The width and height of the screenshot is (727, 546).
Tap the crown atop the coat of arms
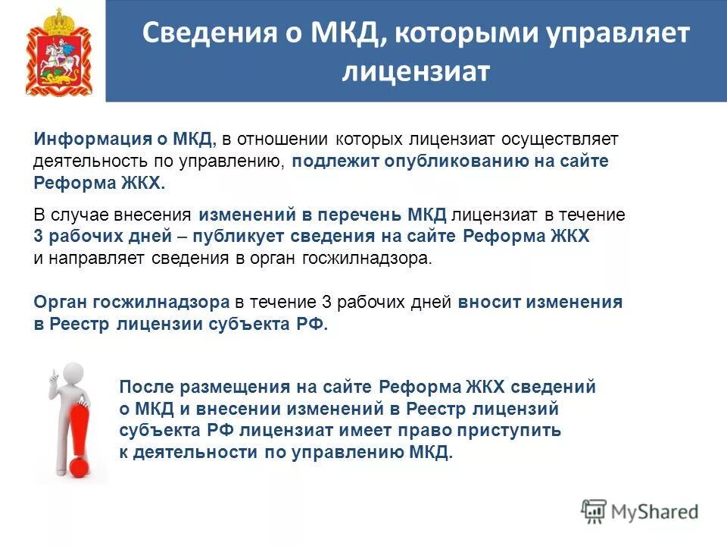pos(59,17)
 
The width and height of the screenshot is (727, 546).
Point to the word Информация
pos(83,140)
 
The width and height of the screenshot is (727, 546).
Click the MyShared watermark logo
pos(640,511)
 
